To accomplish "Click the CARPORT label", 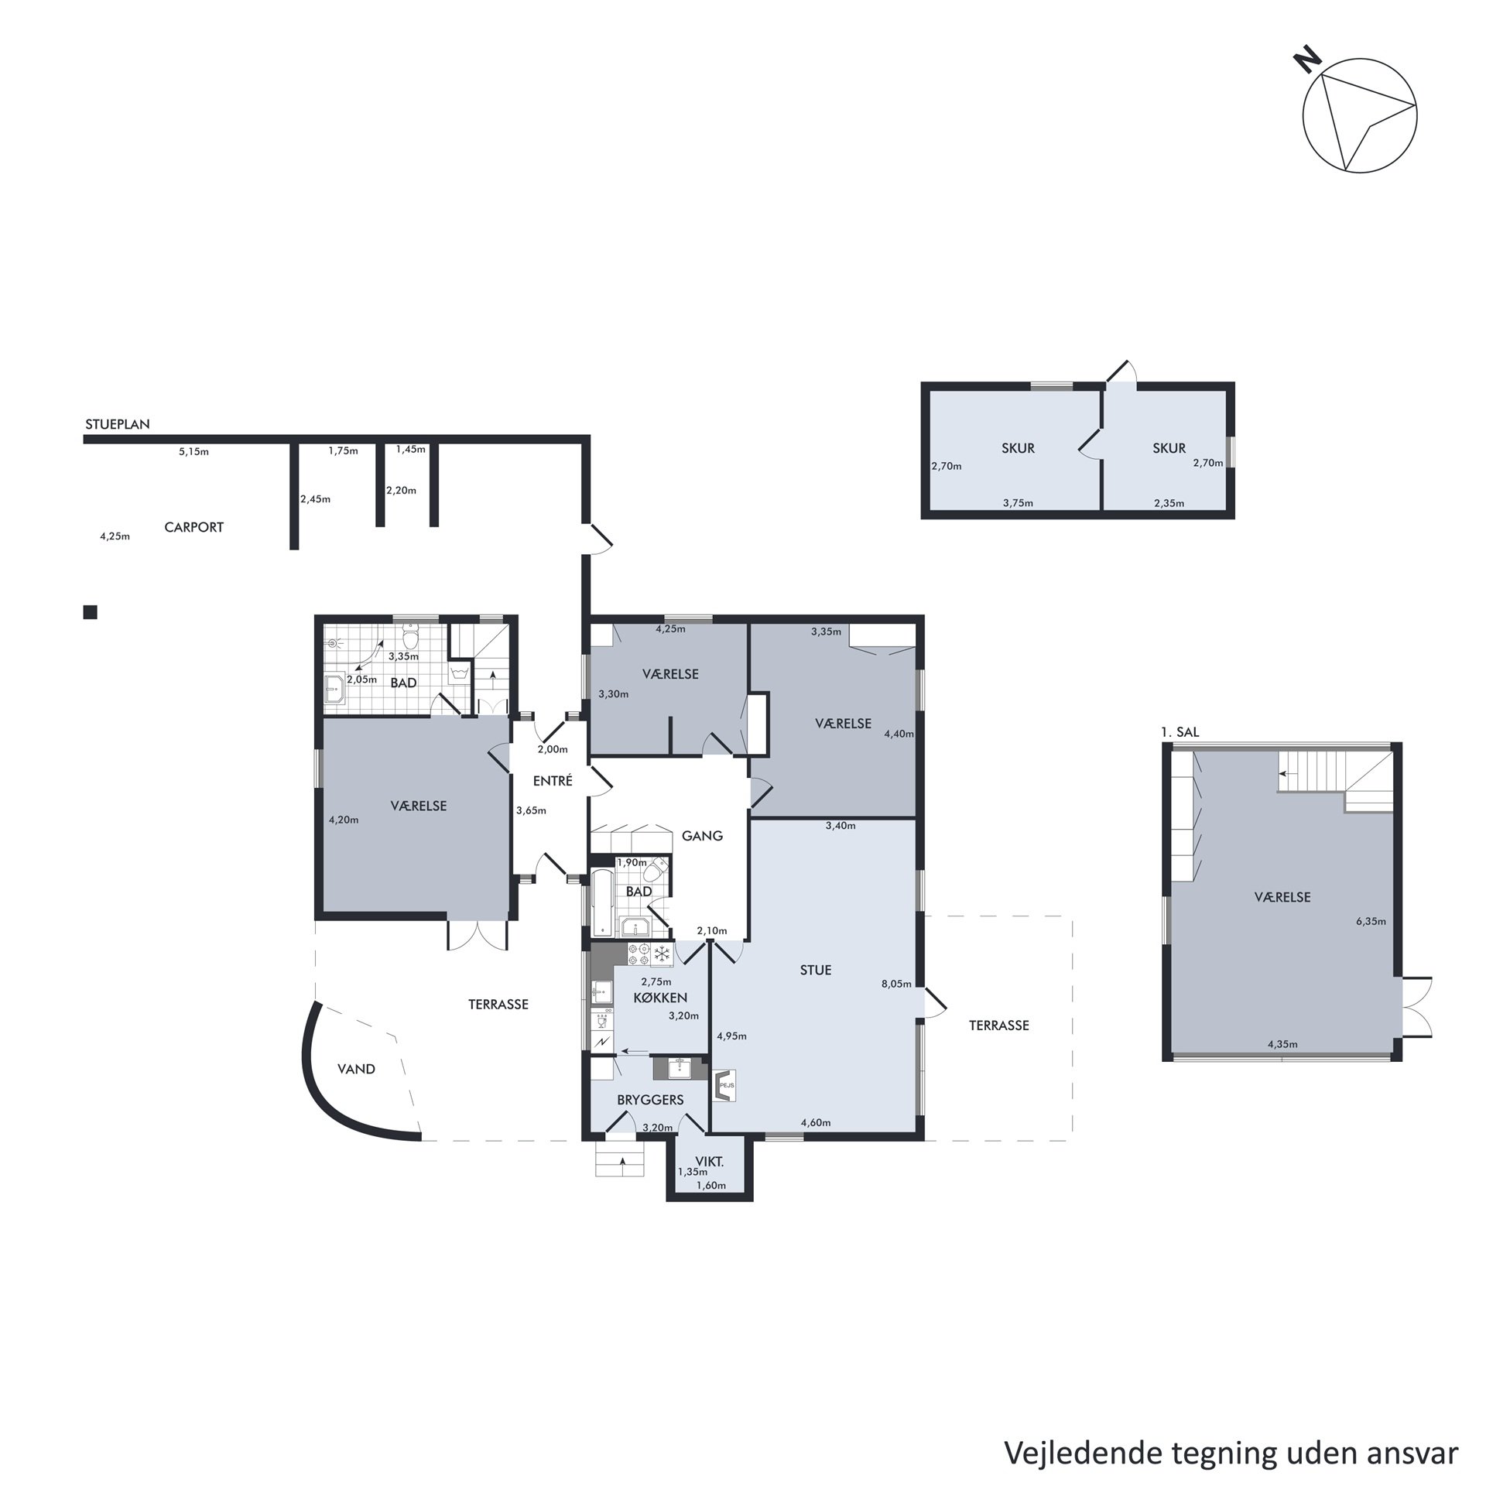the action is pos(193,527).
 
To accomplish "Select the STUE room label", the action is pos(816,970).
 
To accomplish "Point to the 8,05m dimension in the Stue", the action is pos(896,984).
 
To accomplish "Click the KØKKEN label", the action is pos(660,998).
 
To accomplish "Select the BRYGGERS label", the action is pos(650,1099).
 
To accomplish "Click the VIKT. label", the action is pos(710,1161).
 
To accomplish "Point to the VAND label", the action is pos(356,1069).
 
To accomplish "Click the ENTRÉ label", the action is pos(553,781).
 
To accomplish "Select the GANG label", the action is pos(702,835).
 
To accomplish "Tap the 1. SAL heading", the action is pos(1180,731).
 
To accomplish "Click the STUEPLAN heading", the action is pos(118,424).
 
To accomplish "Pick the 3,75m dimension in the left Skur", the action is pos(1018,503).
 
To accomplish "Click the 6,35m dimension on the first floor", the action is pos(1371,921).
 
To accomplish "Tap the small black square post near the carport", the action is pos(91,612).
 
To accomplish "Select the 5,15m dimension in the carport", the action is pos(193,451).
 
